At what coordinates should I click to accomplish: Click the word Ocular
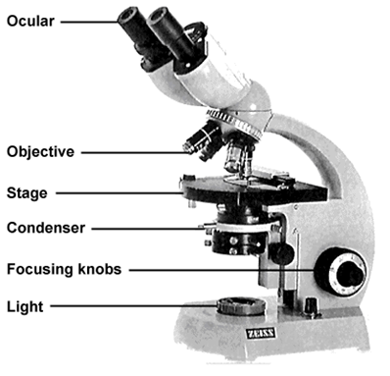tap(30, 22)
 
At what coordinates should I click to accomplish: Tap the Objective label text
tap(40, 152)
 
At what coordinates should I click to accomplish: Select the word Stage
tap(26, 193)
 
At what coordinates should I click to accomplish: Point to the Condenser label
tap(46, 228)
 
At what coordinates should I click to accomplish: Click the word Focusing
tap(40, 269)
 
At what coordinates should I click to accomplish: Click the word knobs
tap(100, 269)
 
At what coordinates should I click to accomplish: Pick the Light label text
tap(24, 306)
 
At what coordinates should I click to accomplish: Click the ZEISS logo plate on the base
tap(261, 334)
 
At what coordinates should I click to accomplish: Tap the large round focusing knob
tap(340, 272)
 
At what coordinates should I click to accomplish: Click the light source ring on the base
tap(241, 306)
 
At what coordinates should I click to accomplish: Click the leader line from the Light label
tap(133, 306)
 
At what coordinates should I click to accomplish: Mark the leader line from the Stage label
tap(120, 193)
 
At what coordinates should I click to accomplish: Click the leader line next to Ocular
tap(89, 23)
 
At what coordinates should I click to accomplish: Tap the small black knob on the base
tap(311, 306)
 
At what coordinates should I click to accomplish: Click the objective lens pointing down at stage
tap(236, 156)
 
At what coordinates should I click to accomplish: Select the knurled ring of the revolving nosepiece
tap(234, 124)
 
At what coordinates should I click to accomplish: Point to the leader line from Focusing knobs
tap(221, 270)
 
